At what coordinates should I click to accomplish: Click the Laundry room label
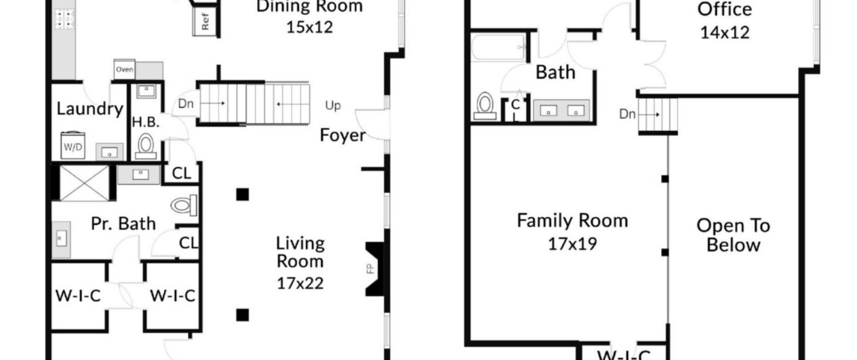pyautogui.click(x=90, y=109)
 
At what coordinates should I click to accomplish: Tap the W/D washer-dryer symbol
pyautogui.click(x=73, y=146)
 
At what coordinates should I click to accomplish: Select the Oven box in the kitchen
pyautogui.click(x=125, y=69)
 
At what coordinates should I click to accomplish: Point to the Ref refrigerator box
pyautogui.click(x=205, y=21)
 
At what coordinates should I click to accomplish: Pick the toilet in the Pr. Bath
pyautogui.click(x=184, y=206)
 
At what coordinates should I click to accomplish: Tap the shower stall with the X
pyautogui.click(x=84, y=183)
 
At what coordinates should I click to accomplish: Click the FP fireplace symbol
pyautogui.click(x=375, y=269)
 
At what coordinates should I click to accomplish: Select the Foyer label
pyautogui.click(x=342, y=135)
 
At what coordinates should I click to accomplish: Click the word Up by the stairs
pyautogui.click(x=333, y=106)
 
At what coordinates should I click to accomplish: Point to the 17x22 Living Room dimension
pyautogui.click(x=300, y=283)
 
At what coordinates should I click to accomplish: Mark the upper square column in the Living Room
pyautogui.click(x=243, y=194)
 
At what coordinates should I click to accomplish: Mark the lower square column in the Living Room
pyautogui.click(x=243, y=315)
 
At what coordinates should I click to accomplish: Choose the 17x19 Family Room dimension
pyautogui.click(x=572, y=243)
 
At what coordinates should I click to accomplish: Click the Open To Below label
pyautogui.click(x=733, y=235)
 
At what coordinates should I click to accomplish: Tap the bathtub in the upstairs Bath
pyautogui.click(x=498, y=47)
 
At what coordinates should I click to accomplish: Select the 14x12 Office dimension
pyautogui.click(x=724, y=33)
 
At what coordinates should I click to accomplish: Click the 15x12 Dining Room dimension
pyautogui.click(x=310, y=27)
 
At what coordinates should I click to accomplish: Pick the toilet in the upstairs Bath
pyautogui.click(x=484, y=106)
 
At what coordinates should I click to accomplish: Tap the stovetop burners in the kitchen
pyautogui.click(x=65, y=19)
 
